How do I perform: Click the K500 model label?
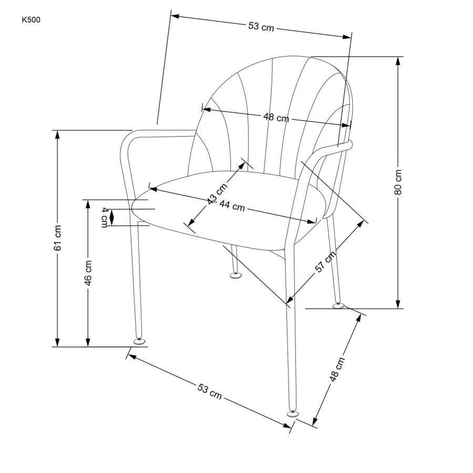click(x=31, y=20)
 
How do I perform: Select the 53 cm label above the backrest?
click(x=261, y=27)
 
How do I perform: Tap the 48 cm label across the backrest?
click(x=276, y=117)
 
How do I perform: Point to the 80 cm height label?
click(x=398, y=182)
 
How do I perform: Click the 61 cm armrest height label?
click(x=57, y=238)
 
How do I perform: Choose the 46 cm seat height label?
click(x=88, y=273)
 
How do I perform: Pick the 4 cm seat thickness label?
click(x=105, y=217)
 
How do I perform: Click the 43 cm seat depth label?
click(x=217, y=193)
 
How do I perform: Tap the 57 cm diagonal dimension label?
click(x=325, y=262)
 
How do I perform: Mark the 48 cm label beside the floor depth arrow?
click(x=337, y=369)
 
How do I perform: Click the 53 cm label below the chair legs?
click(x=210, y=391)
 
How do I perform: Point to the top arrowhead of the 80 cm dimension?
click(x=398, y=61)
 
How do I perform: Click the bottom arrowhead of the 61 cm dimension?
click(x=57, y=342)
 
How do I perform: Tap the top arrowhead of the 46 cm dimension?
click(x=88, y=204)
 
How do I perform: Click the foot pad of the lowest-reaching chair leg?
click(x=292, y=413)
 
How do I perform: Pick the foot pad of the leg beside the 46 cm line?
click(x=139, y=341)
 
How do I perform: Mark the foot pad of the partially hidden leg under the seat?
click(x=235, y=275)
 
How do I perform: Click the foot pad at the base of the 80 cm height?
click(x=338, y=305)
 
